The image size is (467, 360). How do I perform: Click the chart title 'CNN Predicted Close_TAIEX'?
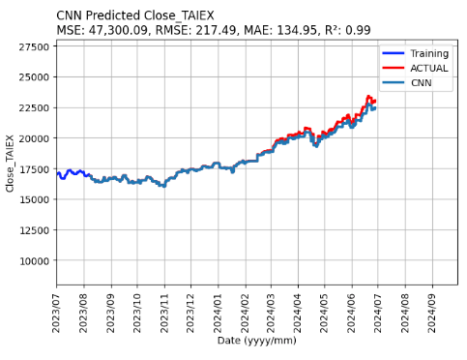coord(135,15)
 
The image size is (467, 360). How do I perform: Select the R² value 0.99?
coord(357,30)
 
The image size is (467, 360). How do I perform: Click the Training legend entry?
coord(429,53)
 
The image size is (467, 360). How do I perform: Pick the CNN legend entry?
coord(420,83)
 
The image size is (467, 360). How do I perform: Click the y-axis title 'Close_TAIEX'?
coord(11,162)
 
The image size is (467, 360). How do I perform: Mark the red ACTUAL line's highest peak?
coord(368,97)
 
